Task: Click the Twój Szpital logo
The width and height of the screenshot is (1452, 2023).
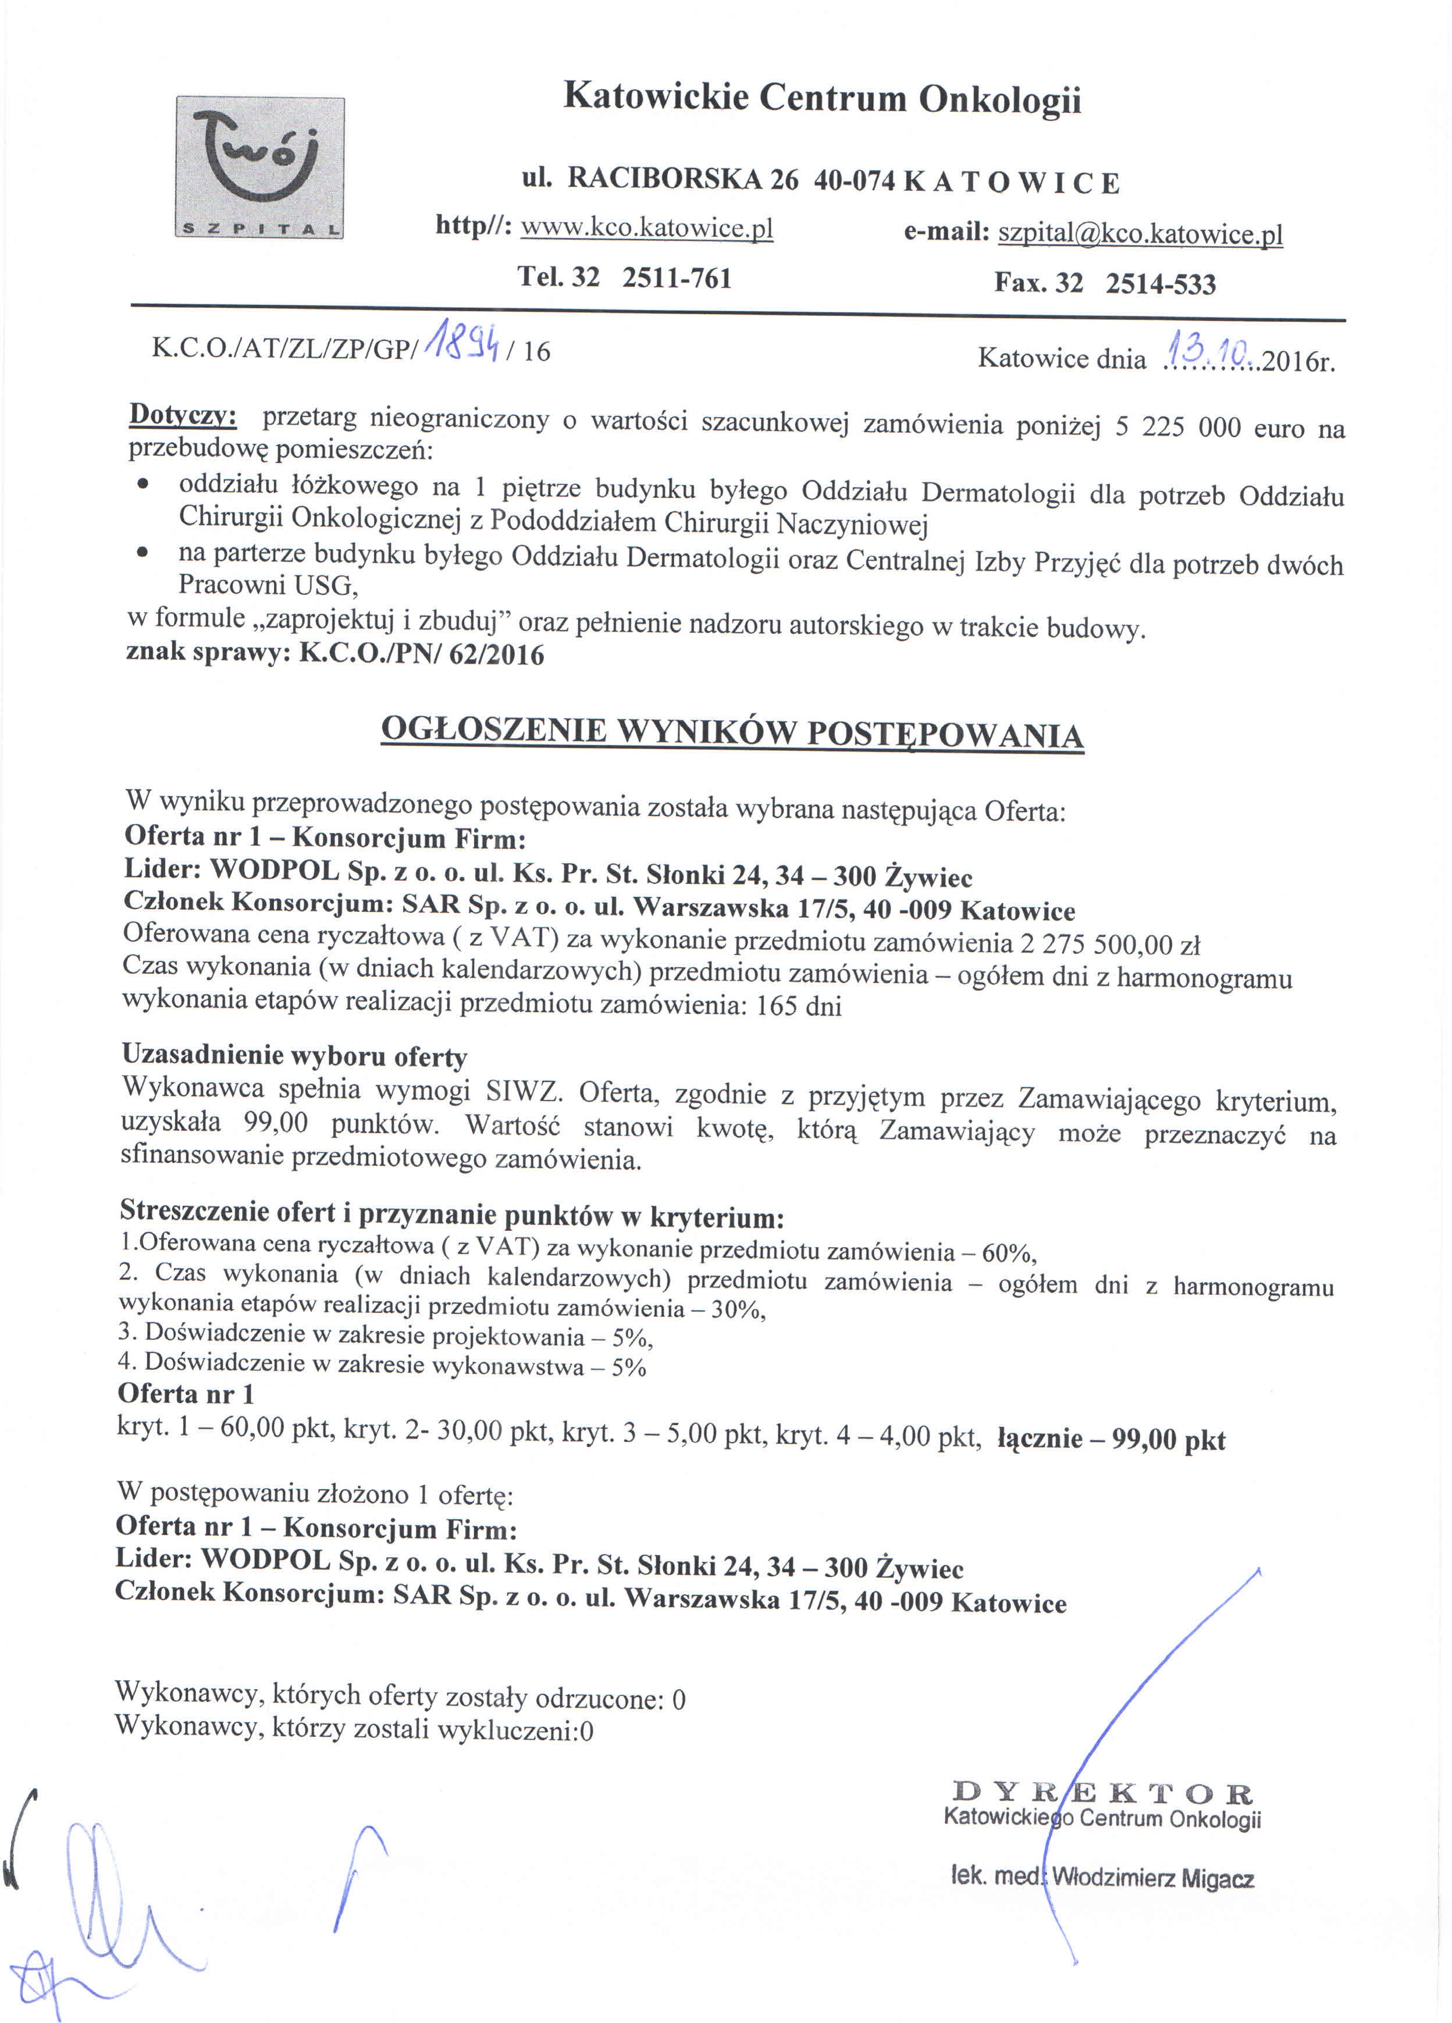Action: click(259, 168)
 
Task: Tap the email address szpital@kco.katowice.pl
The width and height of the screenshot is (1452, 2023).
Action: click(1140, 234)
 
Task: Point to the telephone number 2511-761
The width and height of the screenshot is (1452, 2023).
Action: click(677, 278)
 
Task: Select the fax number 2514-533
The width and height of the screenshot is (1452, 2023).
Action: click(1161, 284)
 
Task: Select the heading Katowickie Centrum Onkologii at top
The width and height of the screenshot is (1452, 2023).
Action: click(821, 97)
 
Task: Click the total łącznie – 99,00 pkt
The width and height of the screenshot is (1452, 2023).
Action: click(1111, 1439)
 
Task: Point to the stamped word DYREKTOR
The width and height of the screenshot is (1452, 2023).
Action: click(1102, 1792)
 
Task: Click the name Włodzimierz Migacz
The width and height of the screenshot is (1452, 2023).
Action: click(1153, 1879)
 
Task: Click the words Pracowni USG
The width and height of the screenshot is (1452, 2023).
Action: click(268, 584)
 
